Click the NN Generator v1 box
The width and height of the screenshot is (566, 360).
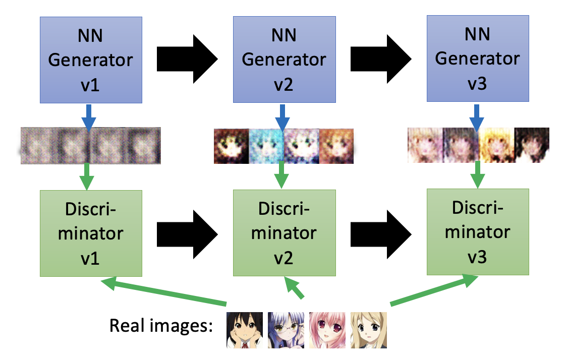91,60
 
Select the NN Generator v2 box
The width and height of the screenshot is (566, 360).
284,59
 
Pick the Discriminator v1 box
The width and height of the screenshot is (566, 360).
91,233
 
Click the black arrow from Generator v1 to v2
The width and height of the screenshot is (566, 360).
187,60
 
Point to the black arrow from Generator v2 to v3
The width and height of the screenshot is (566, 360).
381,59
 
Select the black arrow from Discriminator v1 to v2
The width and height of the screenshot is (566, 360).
187,233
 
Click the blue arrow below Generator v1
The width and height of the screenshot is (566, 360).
89,117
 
